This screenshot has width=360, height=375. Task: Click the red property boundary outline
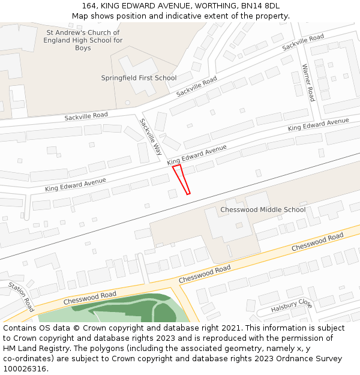[x=181, y=179]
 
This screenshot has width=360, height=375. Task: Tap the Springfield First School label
[x=139, y=78]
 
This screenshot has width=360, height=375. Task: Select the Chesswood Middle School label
[x=263, y=209]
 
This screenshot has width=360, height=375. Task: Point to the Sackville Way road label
[x=151, y=136]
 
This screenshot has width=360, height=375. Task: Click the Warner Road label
[x=308, y=83]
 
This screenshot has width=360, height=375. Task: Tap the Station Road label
[x=21, y=296]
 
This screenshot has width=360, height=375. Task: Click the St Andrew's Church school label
[x=83, y=40]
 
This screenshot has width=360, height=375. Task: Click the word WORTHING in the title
[x=211, y=6]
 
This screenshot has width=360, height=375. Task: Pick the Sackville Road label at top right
[x=303, y=41]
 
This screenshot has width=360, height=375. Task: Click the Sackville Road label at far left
[x=86, y=115]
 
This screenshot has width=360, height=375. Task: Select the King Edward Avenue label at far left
[x=75, y=184]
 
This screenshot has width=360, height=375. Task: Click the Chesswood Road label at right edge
[x=317, y=242]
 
